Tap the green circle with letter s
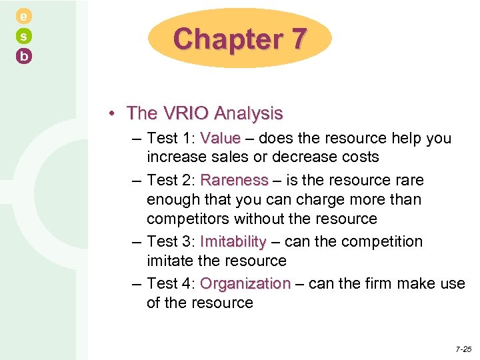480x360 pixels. [x=23, y=37]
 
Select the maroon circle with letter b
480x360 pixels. [x=23, y=57]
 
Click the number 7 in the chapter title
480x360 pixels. [x=298, y=39]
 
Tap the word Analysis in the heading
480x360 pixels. [x=251, y=113]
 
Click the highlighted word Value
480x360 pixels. [x=220, y=139]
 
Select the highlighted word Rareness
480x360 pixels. [x=234, y=180]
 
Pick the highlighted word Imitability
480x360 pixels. [x=233, y=241]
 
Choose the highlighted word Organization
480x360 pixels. [x=245, y=283]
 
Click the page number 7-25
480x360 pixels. [x=463, y=349]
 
